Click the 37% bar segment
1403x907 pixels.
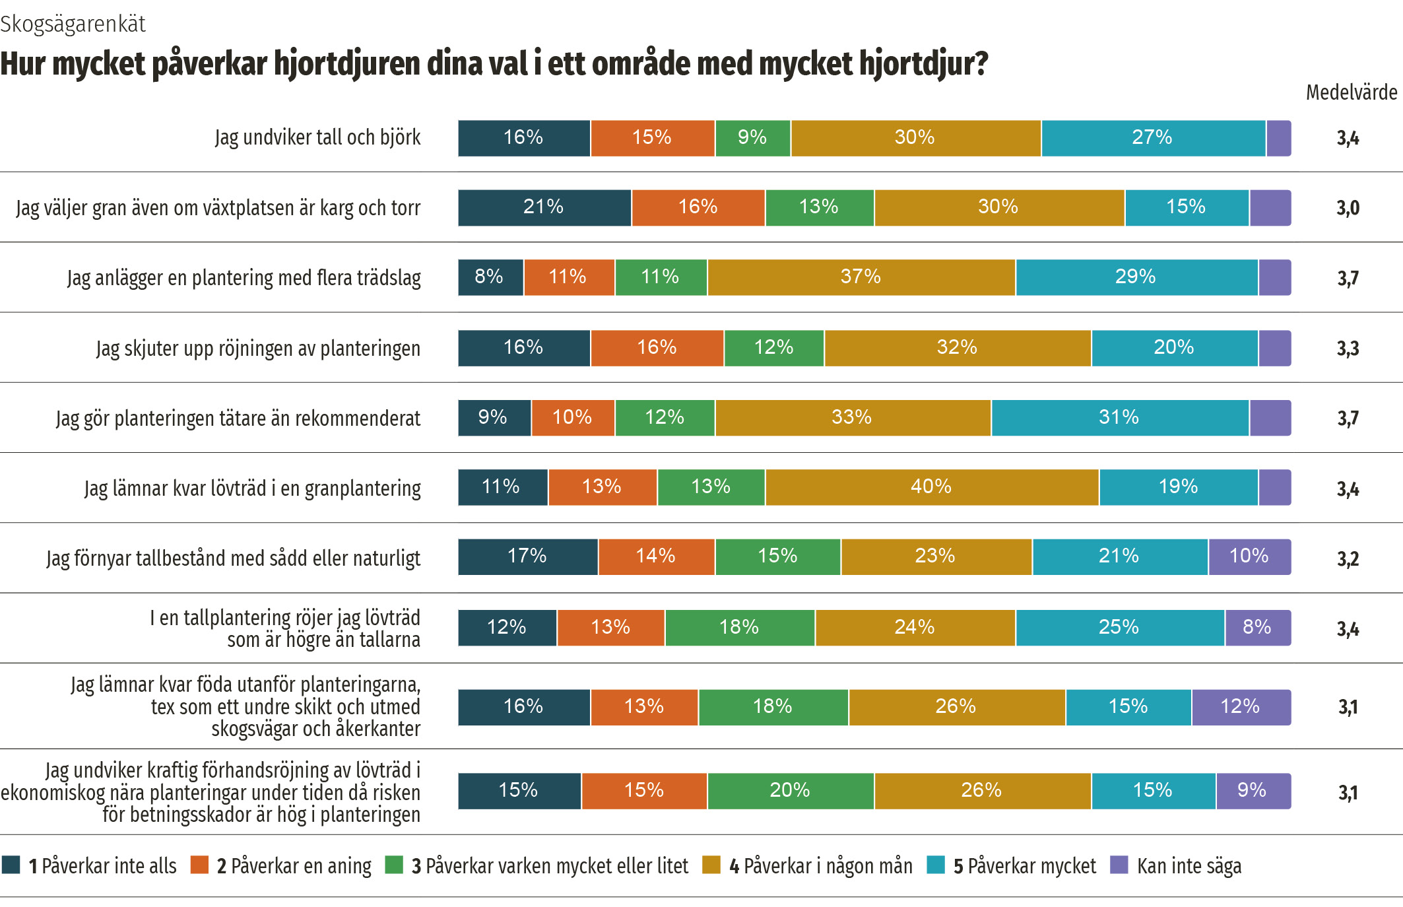(x=861, y=277)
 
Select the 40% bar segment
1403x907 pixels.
(x=932, y=487)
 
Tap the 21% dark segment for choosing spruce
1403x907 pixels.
(x=544, y=207)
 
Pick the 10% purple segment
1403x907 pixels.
(x=1249, y=556)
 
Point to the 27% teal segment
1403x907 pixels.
(x=1153, y=138)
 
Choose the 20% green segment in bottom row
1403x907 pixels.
(x=790, y=791)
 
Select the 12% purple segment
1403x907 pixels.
(x=1241, y=707)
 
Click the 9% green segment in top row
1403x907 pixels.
(x=752, y=138)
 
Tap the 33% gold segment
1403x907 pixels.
(x=853, y=418)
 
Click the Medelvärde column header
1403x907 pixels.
(x=1351, y=92)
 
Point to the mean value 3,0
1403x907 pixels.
(x=1348, y=208)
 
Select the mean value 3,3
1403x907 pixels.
(x=1348, y=349)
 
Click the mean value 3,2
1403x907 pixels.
(x=1348, y=559)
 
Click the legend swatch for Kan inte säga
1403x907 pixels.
(x=1119, y=865)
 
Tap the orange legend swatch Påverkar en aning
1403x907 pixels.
(x=199, y=865)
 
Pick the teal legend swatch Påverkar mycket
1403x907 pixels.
(x=935, y=865)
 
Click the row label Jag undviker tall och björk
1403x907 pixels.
(x=317, y=138)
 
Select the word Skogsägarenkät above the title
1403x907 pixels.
(x=73, y=24)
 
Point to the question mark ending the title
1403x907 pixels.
(x=981, y=64)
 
